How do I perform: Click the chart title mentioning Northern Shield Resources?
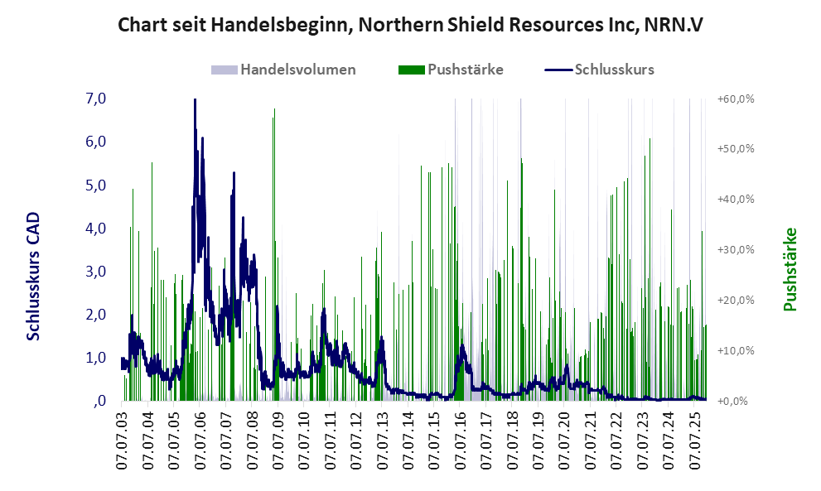coord(410,25)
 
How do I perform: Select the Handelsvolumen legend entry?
coord(297,70)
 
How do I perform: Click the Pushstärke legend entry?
coord(465,70)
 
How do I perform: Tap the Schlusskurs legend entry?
coord(614,70)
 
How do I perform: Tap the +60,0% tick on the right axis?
coord(736,99)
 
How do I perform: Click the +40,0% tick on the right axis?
coord(736,200)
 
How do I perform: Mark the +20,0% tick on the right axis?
coord(736,300)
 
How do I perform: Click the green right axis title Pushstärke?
coord(790,269)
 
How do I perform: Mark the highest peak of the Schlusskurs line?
coord(195,100)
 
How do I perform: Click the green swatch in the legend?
coord(411,70)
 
